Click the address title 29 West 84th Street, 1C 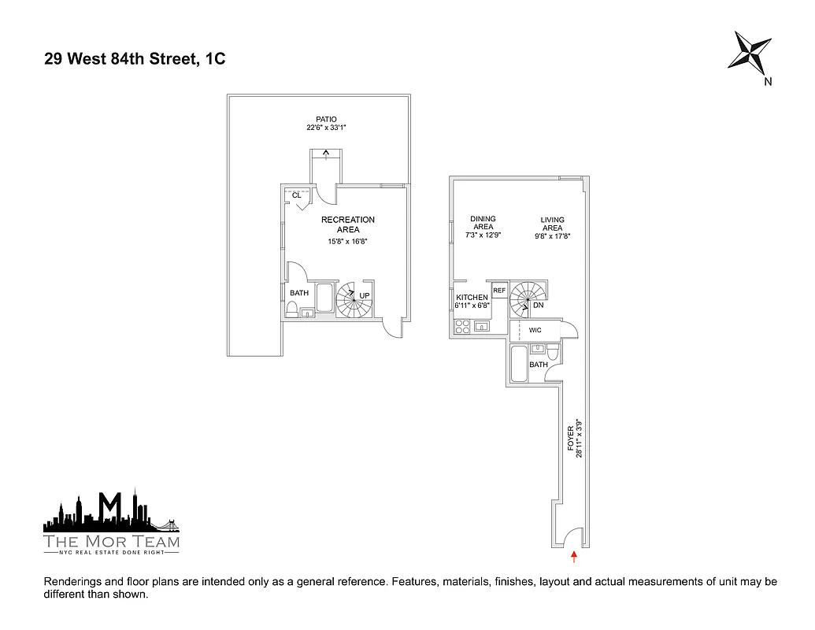coord(135,59)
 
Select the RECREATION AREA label coord(347,224)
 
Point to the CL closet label coord(297,195)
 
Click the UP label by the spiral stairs coord(364,296)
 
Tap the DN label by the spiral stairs coord(539,306)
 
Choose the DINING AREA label coord(483,224)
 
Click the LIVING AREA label coord(552,224)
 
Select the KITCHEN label coord(472,298)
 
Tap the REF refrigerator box coord(499,291)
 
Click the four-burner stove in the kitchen coord(461,327)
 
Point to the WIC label coord(535,330)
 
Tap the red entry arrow coord(574,558)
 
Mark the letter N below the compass coord(768,82)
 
